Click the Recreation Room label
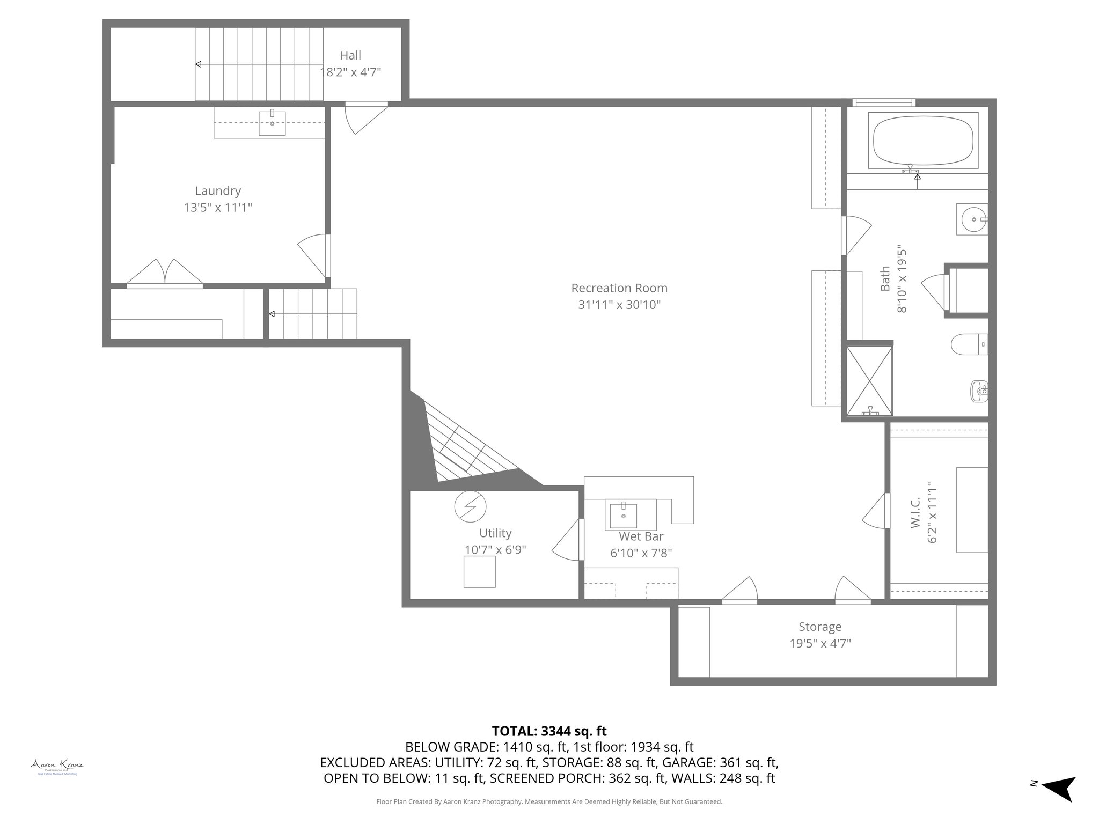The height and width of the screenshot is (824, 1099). click(619, 288)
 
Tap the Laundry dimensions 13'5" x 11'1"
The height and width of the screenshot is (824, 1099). click(217, 208)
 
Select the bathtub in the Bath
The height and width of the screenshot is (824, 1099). click(922, 142)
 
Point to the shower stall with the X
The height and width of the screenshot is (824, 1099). click(869, 381)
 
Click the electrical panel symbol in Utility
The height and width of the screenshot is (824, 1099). click(470, 506)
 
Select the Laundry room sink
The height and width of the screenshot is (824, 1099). click(272, 123)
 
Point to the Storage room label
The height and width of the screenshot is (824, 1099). click(819, 627)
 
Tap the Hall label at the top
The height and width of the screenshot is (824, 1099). click(350, 55)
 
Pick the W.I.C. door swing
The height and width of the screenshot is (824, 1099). click(875, 511)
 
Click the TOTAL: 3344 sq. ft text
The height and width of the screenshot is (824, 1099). click(549, 731)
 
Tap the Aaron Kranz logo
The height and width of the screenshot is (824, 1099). click(57, 767)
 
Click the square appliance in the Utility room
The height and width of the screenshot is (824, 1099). click(479, 571)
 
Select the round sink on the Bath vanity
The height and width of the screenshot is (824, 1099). click(972, 219)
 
